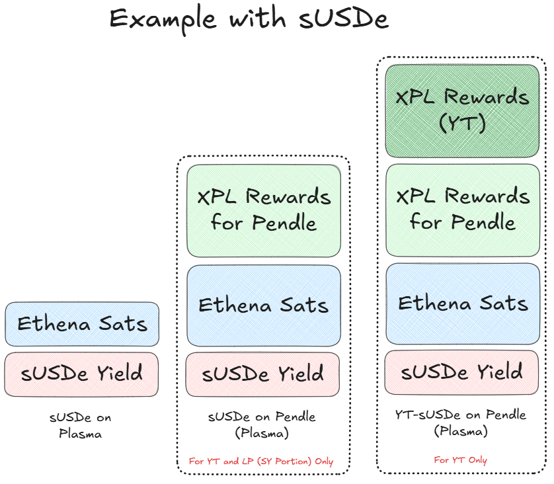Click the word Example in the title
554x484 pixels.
tap(163, 19)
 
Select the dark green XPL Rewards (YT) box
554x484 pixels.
tap(462, 110)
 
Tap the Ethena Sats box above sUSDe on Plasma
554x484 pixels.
tap(82, 324)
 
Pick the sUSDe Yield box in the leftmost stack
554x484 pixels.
tap(82, 374)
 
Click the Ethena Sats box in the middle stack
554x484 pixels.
tap(263, 305)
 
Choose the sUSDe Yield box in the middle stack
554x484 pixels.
tap(263, 374)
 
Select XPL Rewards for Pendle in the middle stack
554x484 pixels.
tap(264, 210)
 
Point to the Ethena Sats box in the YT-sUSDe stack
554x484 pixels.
tap(462, 303)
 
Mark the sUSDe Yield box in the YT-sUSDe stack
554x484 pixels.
tap(462, 372)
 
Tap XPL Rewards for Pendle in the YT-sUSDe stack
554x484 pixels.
tap(462, 210)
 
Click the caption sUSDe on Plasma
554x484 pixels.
tap(81, 426)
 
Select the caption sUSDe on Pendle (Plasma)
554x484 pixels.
tap(262, 424)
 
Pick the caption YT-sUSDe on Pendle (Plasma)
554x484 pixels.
tap(461, 423)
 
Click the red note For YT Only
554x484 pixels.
tap(460, 460)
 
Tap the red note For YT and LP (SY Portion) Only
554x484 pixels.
tap(261, 462)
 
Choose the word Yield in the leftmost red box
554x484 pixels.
tap(116, 374)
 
